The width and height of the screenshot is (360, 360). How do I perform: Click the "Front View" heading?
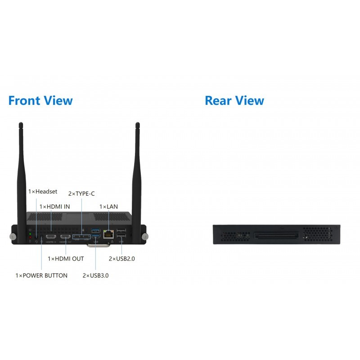click(x=40, y=100)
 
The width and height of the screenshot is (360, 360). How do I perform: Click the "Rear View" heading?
click(x=234, y=100)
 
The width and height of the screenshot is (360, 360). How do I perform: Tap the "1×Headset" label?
click(x=43, y=192)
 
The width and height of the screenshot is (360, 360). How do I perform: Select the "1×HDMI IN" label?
click(x=54, y=207)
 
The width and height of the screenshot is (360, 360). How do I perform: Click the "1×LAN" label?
click(x=108, y=207)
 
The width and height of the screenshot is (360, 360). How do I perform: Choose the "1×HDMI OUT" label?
click(x=66, y=259)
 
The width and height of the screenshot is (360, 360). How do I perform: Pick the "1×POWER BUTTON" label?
click(x=41, y=275)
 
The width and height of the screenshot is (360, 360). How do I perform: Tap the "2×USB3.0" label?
click(x=95, y=275)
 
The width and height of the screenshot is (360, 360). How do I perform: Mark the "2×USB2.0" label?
click(x=122, y=259)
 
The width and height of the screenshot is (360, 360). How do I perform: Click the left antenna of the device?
click(x=21, y=171)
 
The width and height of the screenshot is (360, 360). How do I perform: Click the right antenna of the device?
click(x=136, y=171)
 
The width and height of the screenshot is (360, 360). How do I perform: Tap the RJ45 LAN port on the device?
click(x=108, y=234)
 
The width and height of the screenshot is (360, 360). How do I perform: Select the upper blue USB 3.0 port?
click(x=95, y=231)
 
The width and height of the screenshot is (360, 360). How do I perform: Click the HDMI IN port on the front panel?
click(x=50, y=237)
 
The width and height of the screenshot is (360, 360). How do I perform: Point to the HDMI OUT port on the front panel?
click(x=66, y=237)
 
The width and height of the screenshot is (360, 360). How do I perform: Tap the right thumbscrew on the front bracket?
click(x=144, y=237)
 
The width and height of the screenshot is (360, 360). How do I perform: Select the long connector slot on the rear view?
click(x=276, y=235)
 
